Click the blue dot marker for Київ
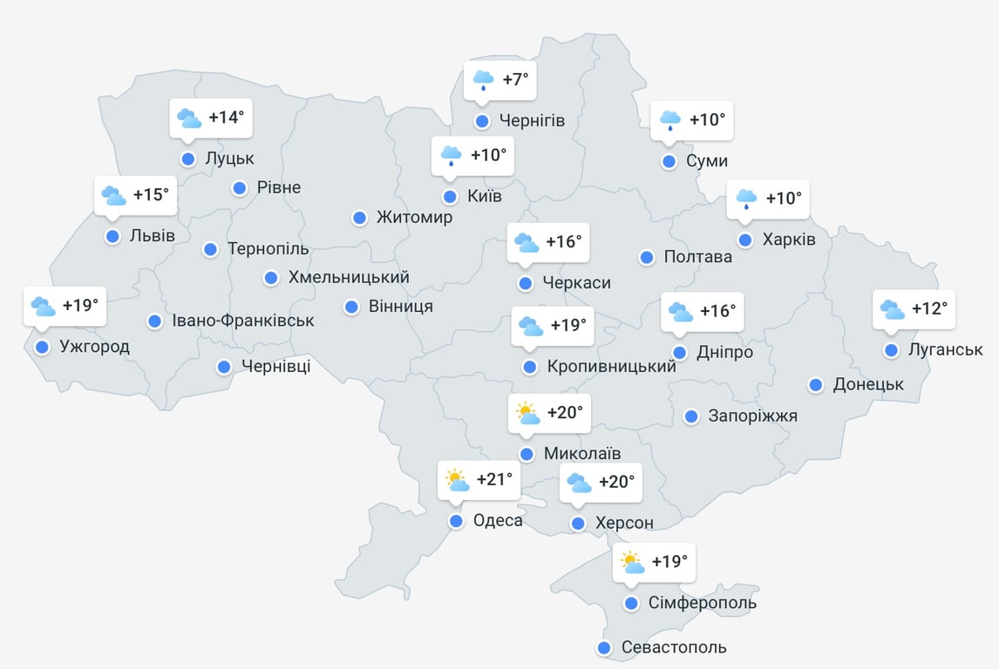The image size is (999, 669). [x=450, y=197]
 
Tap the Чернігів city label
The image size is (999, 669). [x=532, y=121]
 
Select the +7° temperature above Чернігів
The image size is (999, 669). [x=515, y=80]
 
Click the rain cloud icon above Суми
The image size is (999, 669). [x=669, y=120]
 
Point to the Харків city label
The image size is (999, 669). [x=789, y=240]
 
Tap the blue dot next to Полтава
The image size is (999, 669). [x=647, y=257]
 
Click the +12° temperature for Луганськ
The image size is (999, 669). [x=928, y=308]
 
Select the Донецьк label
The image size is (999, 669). [x=868, y=384]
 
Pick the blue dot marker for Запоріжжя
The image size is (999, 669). [x=691, y=416]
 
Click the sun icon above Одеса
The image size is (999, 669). [x=457, y=480]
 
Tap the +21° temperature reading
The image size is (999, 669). [x=494, y=479]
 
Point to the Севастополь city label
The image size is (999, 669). [x=674, y=648]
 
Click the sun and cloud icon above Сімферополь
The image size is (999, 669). [x=632, y=563]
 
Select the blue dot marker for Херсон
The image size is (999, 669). [x=577, y=524]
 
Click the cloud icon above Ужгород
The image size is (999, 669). [x=43, y=307]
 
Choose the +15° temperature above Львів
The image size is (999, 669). [x=150, y=195]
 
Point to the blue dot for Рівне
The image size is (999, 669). [x=240, y=187]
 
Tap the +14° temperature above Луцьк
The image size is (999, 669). [x=226, y=118]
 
